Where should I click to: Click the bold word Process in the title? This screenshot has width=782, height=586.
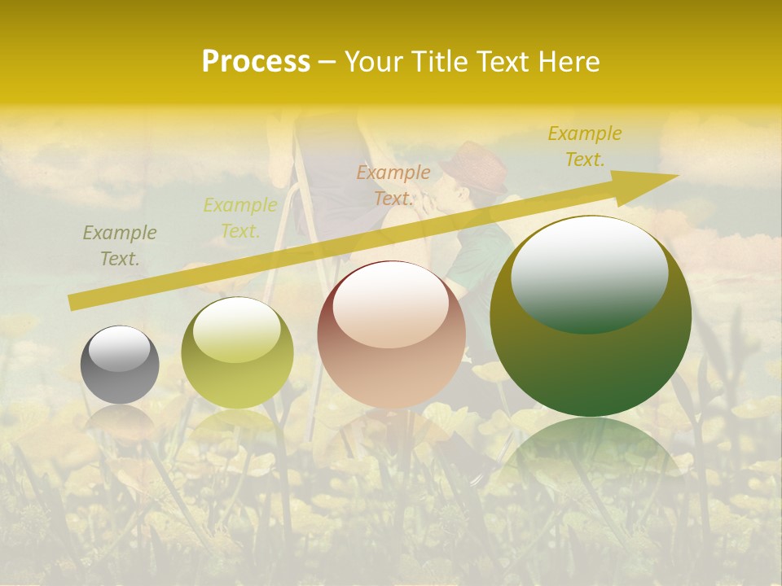256,62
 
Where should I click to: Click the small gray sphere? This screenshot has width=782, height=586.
120,365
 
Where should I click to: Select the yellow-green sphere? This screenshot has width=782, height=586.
237,352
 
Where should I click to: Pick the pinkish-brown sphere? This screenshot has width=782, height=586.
392,335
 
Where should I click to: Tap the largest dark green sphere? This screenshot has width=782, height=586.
591,316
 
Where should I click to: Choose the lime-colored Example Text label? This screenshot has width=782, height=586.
239,218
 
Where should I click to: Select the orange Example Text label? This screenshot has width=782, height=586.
393,186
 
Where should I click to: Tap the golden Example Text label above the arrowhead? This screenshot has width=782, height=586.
584,146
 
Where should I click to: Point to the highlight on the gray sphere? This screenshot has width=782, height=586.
120,348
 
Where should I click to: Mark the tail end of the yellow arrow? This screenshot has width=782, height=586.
73,303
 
